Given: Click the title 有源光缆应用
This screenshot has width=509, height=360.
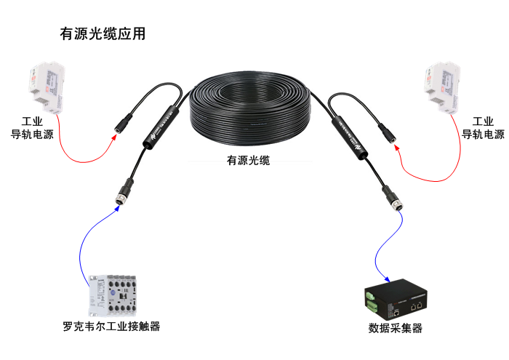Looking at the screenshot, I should click(102, 34).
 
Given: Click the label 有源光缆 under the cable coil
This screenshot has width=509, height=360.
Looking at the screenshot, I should click(249, 161).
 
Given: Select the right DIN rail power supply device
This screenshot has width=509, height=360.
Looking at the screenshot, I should click(443, 89).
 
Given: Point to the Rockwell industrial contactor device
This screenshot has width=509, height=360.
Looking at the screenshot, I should click(113, 294).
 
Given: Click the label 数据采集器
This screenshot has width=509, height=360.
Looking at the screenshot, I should click(395, 328).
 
